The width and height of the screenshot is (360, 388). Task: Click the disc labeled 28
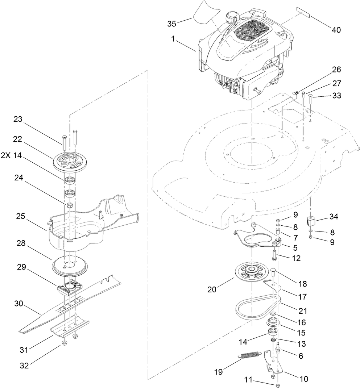69,264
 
